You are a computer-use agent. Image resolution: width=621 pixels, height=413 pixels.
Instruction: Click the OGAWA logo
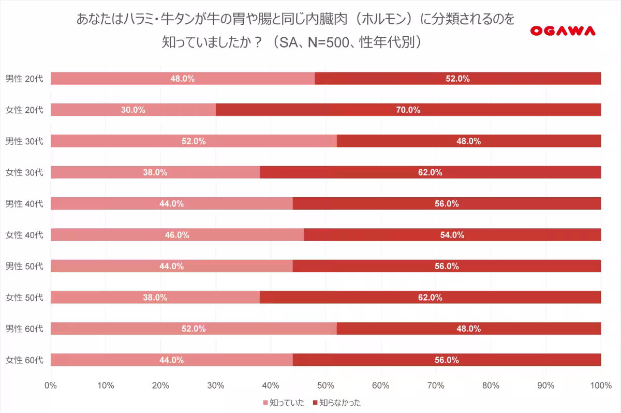point(563,31)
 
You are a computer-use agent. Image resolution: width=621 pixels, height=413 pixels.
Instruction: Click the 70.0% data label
point(408,110)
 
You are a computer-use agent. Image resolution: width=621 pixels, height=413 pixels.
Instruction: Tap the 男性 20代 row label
point(24,79)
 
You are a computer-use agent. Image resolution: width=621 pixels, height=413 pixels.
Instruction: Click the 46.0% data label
point(177,235)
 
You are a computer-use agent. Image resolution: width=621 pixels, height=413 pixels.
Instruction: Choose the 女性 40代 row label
point(24,235)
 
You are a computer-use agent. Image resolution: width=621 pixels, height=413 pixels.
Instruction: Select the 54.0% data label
point(452,235)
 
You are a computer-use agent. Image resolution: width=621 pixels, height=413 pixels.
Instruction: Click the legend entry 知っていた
point(284,403)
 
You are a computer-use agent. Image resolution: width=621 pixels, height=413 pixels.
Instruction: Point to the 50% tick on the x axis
point(326,386)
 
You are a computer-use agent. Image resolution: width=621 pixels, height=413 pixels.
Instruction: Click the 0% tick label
point(51,386)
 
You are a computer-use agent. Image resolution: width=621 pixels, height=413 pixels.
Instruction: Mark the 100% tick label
point(600,386)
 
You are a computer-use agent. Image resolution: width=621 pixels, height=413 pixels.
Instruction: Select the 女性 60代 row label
point(24,360)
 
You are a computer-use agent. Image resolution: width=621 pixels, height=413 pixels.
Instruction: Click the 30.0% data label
point(133,110)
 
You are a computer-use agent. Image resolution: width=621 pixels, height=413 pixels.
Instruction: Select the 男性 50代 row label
point(24,266)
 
